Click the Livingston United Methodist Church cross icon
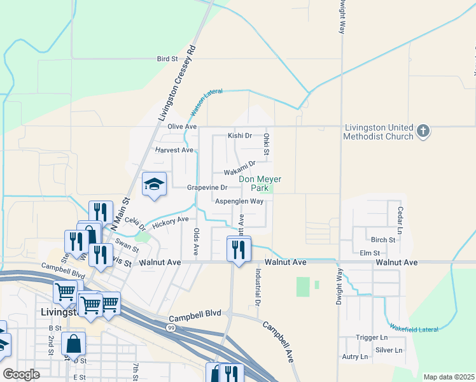pos(423,132)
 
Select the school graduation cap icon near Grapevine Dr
pos(154,185)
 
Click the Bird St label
pos(167,59)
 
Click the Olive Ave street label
pos(179,127)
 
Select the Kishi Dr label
pos(240,136)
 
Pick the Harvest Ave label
pos(174,150)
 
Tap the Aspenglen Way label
pos(239,201)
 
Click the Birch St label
pos(382,240)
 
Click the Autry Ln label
pos(354,357)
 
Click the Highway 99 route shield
pos(172,327)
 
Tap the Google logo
pos(22,374)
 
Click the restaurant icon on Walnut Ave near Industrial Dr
pos(239,249)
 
